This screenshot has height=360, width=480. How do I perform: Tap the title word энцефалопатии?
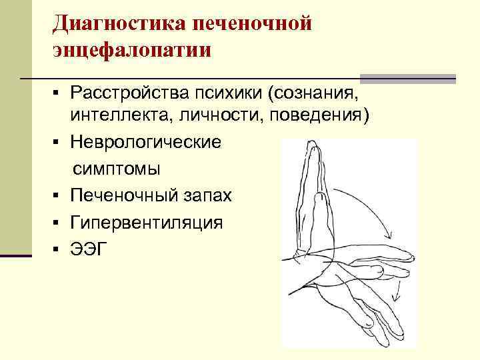[x=133, y=50]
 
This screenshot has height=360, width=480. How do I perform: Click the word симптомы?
[x=117, y=169]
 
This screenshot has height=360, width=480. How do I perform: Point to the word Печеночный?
[x=125, y=196]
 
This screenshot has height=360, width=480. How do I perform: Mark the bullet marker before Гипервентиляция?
[x=59, y=223]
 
